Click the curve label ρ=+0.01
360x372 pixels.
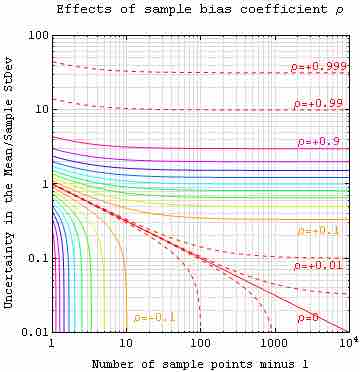[x=320, y=267]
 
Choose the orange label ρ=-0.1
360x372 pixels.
[x=154, y=318]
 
